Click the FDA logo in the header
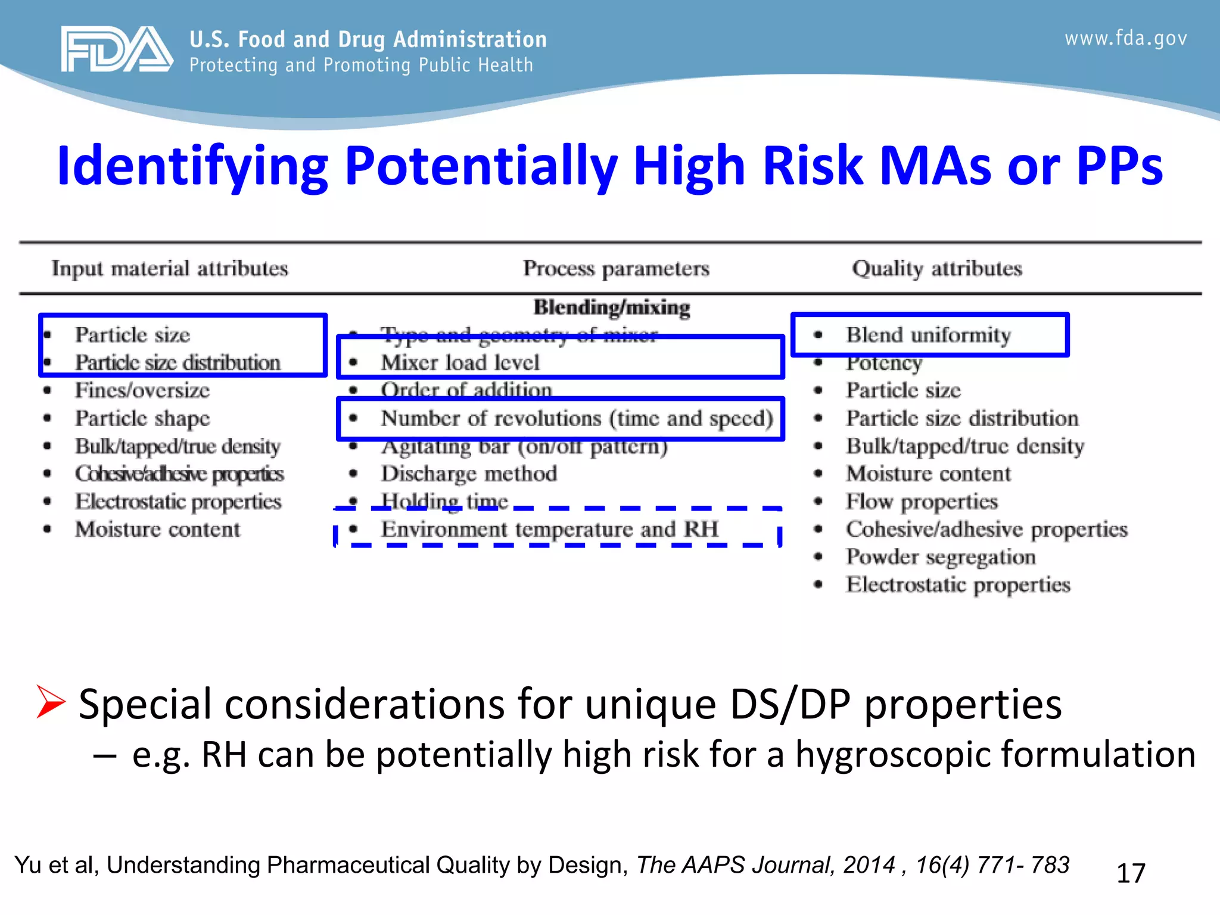coord(117,49)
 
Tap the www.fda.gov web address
coord(1125,39)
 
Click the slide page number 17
coord(1130,873)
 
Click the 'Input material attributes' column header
coord(170,269)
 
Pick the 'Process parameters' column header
coord(616,269)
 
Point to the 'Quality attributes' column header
coord(936,269)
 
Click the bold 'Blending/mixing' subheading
coord(611,307)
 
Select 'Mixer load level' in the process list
coord(460,362)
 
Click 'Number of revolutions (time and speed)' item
coord(577,418)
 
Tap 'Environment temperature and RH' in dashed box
coord(549,529)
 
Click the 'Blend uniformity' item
coord(928,335)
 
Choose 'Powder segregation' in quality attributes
coord(940,557)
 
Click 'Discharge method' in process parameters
coord(469,474)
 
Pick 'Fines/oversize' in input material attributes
coord(142,390)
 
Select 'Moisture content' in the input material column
coord(157,529)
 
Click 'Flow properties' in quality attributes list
coord(921,502)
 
